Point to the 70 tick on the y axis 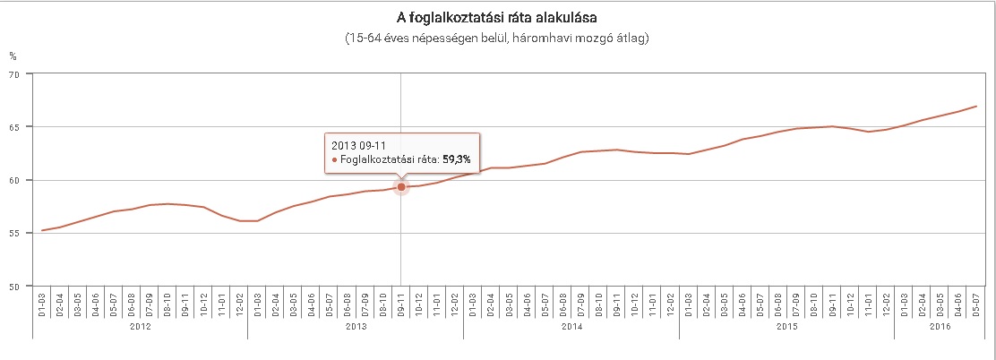15,74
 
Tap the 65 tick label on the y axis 15,127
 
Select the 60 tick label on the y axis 15,180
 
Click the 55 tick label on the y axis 15,233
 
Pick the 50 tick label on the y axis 15,287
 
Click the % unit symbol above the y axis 13,56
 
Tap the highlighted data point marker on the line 401,186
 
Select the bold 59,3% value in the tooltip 459,159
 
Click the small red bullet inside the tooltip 335,159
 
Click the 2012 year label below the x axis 140,328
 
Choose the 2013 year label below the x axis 356,328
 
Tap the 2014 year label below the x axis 571,328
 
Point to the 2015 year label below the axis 787,328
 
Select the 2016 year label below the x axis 940,328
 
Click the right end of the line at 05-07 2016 976,107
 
